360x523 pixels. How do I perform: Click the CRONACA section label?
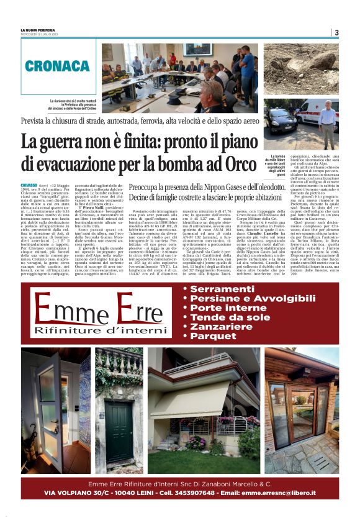[x=58, y=66]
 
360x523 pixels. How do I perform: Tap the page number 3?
[x=336, y=32]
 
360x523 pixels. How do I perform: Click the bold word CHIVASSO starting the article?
[x=29, y=186]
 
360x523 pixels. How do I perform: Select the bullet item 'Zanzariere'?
[x=222, y=326]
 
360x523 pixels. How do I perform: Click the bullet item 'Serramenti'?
[x=220, y=289]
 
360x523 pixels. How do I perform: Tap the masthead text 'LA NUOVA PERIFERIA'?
[x=37, y=29]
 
